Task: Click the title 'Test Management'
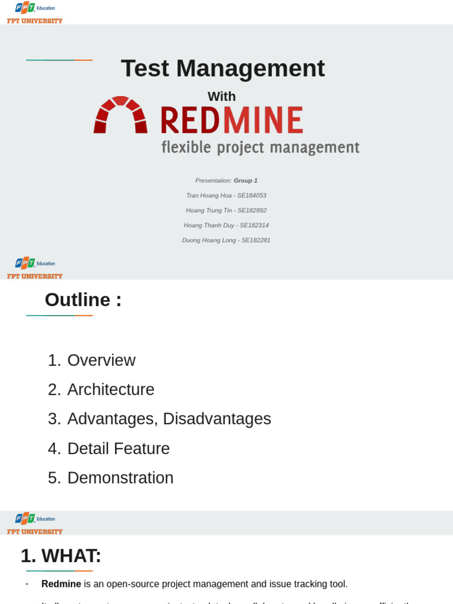pos(222,68)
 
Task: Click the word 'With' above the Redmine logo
pos(222,97)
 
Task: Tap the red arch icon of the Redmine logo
pos(120,115)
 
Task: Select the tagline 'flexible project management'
pos(260,147)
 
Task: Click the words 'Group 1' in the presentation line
pos(245,180)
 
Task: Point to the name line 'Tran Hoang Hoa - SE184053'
pos(226,195)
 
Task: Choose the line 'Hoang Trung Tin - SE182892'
pos(226,211)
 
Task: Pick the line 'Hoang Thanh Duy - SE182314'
pos(226,225)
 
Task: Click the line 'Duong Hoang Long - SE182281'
pos(226,241)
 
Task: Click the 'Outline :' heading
pos(83,300)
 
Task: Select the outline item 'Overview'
pos(101,360)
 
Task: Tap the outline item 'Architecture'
pos(111,390)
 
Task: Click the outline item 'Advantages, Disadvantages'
pos(169,419)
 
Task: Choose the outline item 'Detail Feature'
pos(119,449)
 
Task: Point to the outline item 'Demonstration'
pos(120,478)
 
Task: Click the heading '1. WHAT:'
pos(61,556)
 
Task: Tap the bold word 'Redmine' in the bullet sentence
pos(61,584)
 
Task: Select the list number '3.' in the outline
pos(54,419)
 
